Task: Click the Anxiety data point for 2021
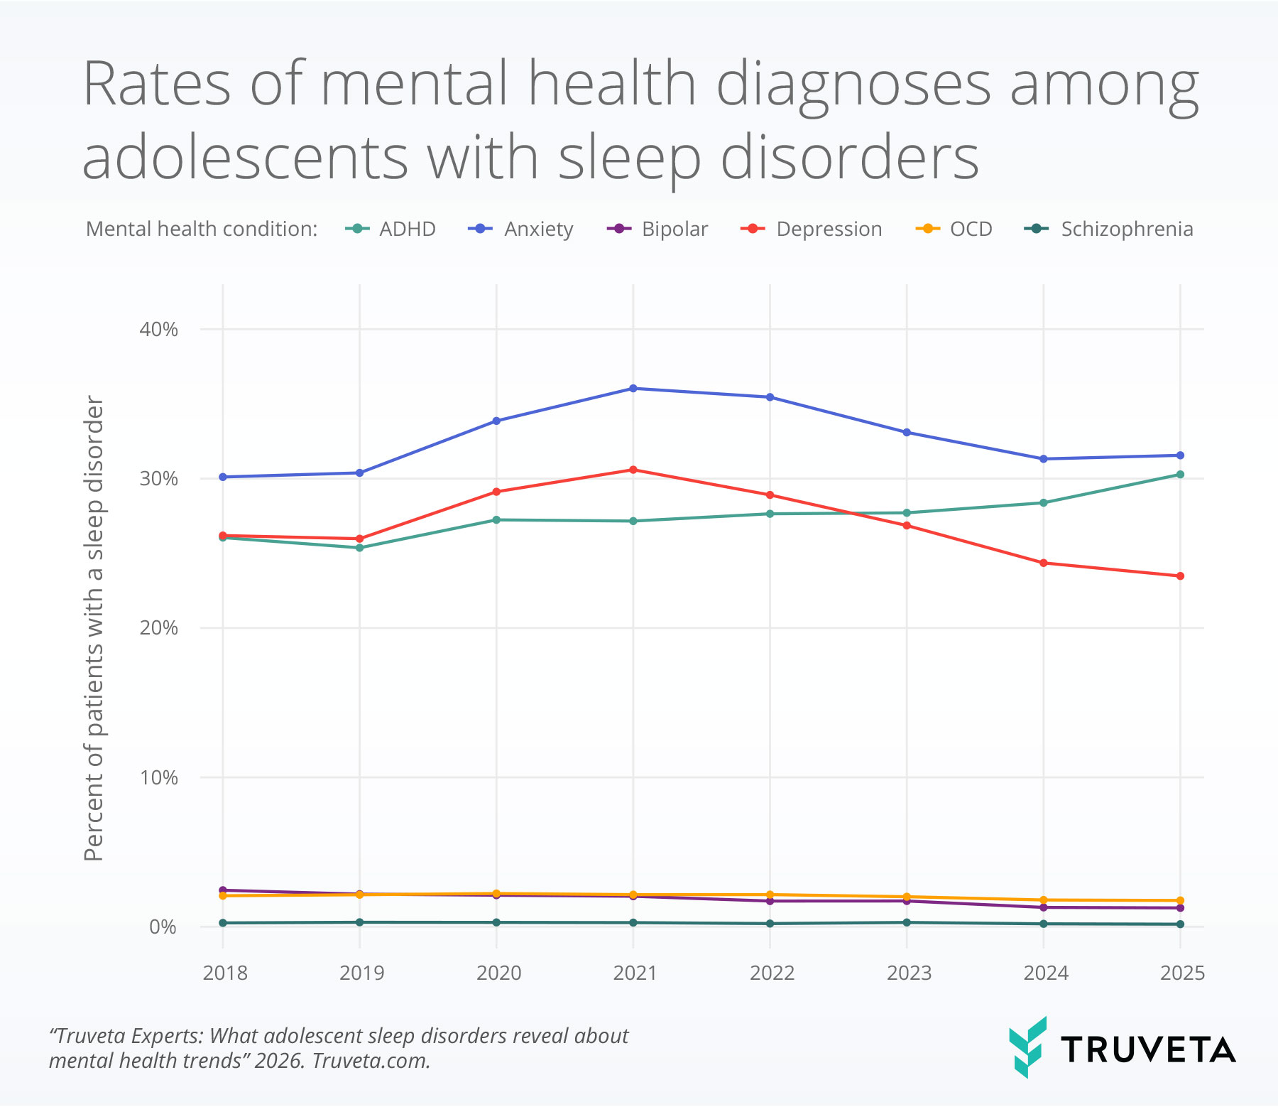coord(633,389)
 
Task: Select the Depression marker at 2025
coord(1180,576)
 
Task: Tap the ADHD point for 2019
coord(359,548)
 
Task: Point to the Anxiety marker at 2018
coord(223,477)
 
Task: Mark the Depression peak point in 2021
coord(633,470)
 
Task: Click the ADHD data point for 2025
coord(1180,475)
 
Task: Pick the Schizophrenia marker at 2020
coord(496,922)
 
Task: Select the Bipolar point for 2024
coord(1043,907)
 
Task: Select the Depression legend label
coord(829,229)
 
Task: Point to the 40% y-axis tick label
coord(158,329)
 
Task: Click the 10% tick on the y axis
coord(158,777)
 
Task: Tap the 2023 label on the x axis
coord(908,973)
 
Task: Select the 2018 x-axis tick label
coord(224,973)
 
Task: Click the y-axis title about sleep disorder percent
coord(94,629)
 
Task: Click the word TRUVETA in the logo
coord(1148,1050)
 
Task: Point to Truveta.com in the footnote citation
coord(371,1061)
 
